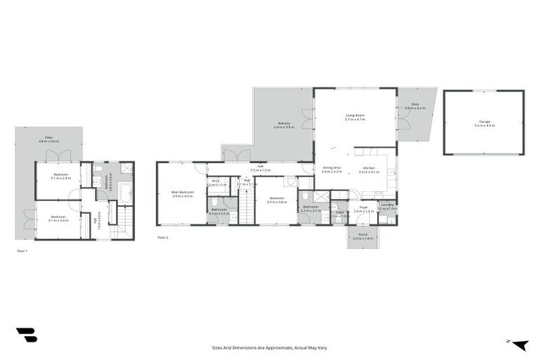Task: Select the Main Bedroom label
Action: tap(182, 193)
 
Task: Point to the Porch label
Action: tap(363, 236)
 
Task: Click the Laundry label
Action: tap(387, 207)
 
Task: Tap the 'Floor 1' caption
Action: tap(22, 250)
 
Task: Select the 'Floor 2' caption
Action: tap(162, 238)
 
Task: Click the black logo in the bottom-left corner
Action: tap(27, 335)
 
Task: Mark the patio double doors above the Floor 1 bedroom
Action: tap(63, 155)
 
